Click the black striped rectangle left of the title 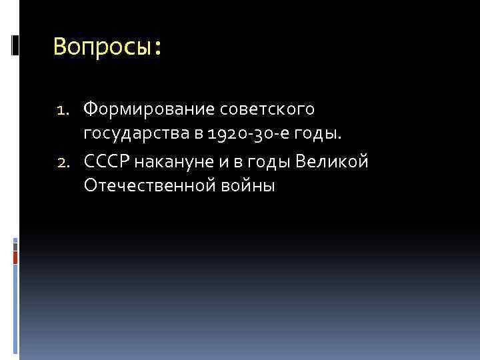click(15, 45)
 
